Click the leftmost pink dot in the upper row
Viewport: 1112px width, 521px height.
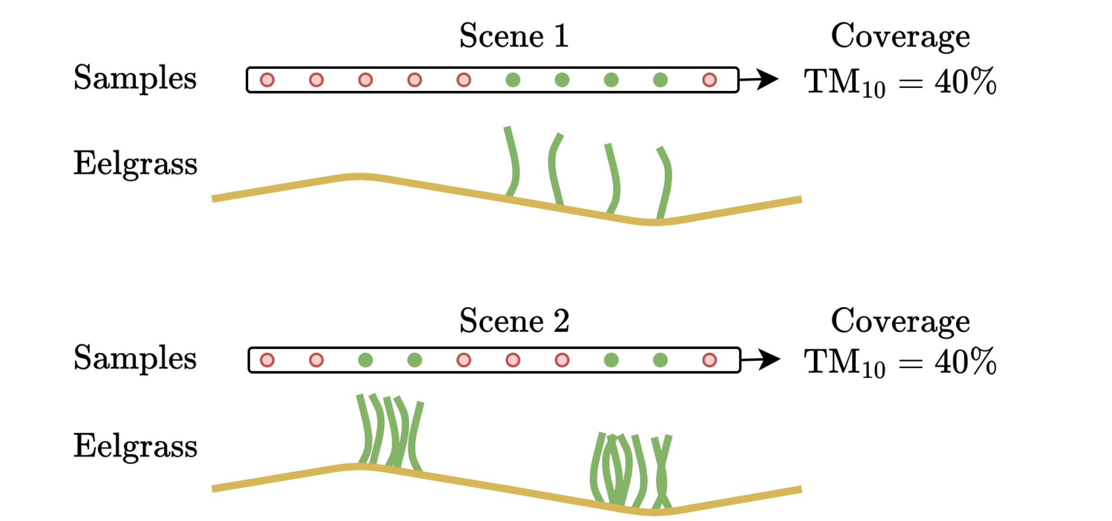tap(267, 80)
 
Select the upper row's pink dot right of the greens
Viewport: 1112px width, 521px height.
tap(709, 80)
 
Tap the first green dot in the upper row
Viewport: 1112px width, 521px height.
tap(513, 80)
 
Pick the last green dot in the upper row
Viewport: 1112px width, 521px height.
tap(660, 80)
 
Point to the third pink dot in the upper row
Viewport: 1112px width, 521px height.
tap(365, 80)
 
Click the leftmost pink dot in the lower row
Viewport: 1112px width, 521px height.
tap(267, 360)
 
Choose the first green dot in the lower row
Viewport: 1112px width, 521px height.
tap(365, 360)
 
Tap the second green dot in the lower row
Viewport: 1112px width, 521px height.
tap(415, 360)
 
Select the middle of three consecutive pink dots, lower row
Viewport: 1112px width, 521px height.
tap(513, 360)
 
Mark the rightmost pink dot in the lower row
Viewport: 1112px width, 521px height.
tap(709, 360)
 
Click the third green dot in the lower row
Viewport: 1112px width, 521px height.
tap(611, 360)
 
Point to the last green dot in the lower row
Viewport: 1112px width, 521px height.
tap(660, 360)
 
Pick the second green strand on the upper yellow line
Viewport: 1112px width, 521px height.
tap(553, 167)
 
